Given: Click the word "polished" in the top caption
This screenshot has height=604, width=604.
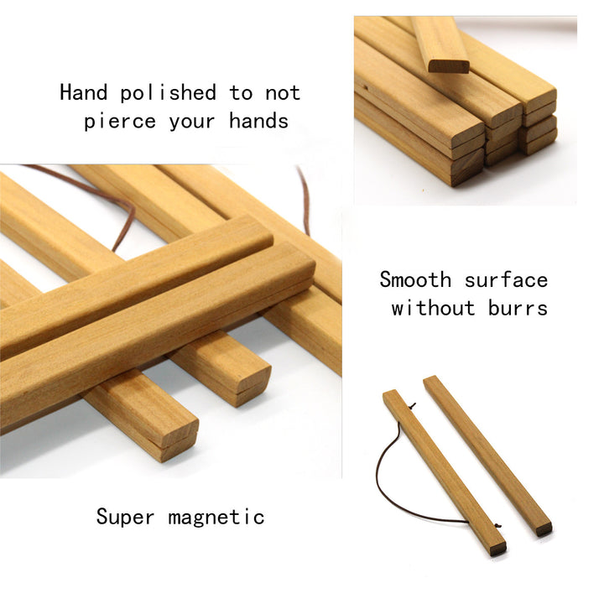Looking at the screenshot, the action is tap(168, 94).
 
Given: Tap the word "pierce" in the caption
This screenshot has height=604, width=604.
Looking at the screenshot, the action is tap(120, 122).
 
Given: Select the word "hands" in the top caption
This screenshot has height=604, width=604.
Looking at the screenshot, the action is tap(259, 120).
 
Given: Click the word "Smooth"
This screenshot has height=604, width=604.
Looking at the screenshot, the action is tap(415, 279).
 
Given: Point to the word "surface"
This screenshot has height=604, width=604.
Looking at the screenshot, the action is tap(506, 279).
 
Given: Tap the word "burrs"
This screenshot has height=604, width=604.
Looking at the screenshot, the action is tap(518, 308).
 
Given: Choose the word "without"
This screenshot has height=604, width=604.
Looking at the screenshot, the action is tap(433, 308).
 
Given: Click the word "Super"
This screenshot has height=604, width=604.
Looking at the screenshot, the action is tap(125, 517).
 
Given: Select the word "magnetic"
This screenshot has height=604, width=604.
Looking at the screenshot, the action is tap(216, 517).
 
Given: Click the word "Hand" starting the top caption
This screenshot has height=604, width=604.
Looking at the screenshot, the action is tap(84, 92).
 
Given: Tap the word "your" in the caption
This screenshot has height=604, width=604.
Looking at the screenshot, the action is tap(192, 122).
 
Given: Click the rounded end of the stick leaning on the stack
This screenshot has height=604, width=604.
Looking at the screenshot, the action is tap(449, 66).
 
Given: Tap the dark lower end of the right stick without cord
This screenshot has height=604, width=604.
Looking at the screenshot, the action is tap(544, 529).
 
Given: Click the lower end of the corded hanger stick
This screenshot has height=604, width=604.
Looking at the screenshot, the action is tap(497, 548).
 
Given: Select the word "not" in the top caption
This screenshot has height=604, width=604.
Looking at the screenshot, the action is tap(283, 93).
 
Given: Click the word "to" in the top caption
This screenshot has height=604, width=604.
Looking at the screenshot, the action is tap(241, 93).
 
